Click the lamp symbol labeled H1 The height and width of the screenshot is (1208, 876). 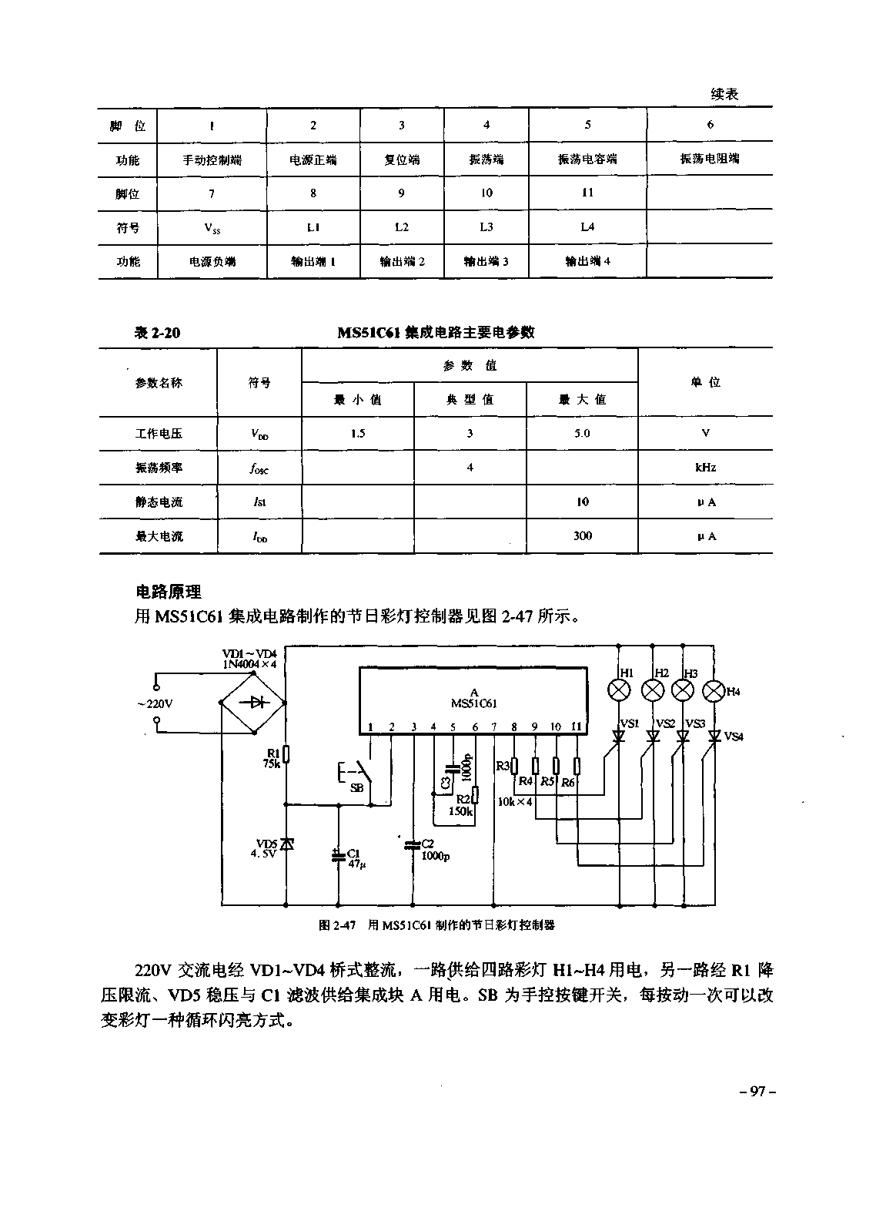(x=620, y=690)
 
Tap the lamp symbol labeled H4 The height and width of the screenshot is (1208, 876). (x=714, y=690)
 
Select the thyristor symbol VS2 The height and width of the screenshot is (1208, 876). (x=653, y=737)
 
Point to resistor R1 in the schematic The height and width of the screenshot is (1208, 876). (x=286, y=754)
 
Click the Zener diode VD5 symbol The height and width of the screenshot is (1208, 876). (x=286, y=844)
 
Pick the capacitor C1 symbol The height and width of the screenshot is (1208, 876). (x=337, y=855)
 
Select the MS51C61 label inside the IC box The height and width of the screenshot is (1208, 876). (x=473, y=703)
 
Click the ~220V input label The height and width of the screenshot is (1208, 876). (x=155, y=703)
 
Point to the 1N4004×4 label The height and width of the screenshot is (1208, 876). (x=249, y=663)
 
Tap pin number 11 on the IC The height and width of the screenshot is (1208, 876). (x=577, y=726)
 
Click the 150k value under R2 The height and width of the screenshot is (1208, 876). (x=460, y=810)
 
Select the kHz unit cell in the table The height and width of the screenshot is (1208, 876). (x=705, y=468)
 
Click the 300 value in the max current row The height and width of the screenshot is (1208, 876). (x=582, y=536)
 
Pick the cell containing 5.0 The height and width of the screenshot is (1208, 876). (x=582, y=434)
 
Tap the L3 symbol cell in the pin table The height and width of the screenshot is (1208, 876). (x=486, y=227)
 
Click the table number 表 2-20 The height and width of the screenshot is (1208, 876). (x=157, y=333)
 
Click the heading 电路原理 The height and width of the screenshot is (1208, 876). (x=168, y=592)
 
